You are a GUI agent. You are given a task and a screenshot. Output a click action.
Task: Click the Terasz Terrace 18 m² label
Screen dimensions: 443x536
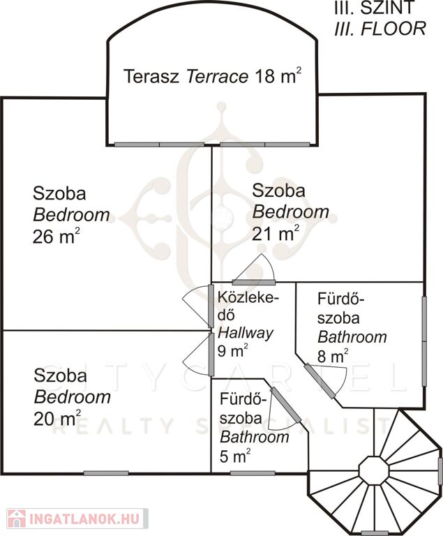[x=213, y=75]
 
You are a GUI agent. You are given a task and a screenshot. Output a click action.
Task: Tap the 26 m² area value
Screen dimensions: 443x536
[x=57, y=236]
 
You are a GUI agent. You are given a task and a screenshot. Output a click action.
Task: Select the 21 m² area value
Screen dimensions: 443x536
[x=276, y=234]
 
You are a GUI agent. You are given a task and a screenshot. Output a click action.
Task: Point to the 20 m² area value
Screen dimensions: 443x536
[x=57, y=418]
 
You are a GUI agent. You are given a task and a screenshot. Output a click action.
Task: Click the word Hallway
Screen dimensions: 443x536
[x=246, y=333]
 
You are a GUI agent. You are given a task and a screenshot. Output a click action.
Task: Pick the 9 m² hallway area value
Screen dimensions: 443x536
[x=233, y=350]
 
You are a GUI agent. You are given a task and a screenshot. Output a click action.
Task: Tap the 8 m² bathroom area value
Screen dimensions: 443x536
[x=333, y=356]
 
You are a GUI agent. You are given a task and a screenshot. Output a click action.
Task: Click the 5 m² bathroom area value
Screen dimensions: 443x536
[x=235, y=456]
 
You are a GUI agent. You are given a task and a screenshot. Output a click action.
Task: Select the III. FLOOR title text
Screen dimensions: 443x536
[x=380, y=29]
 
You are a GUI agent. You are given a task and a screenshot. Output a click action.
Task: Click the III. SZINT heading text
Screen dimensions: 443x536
[x=375, y=8]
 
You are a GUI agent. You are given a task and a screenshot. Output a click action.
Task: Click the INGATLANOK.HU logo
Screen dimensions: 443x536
[x=77, y=519]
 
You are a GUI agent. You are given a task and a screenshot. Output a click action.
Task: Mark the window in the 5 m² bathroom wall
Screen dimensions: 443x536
[x=253, y=473]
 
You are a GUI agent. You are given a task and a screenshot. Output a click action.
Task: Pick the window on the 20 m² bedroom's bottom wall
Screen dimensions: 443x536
[x=106, y=473]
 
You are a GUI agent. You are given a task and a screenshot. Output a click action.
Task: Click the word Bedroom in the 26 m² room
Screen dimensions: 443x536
[x=71, y=215]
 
